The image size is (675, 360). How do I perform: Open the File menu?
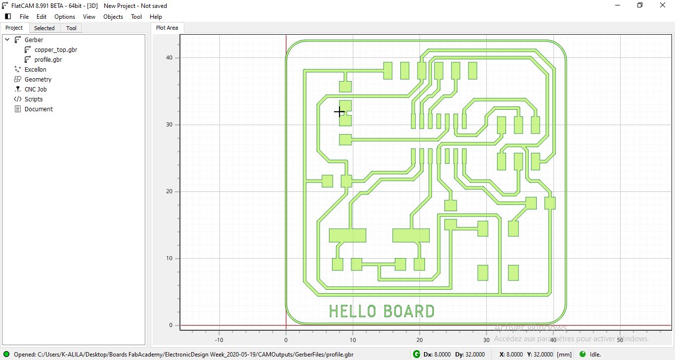click(24, 17)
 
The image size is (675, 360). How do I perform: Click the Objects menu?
click(113, 17)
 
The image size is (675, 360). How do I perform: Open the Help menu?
click(156, 17)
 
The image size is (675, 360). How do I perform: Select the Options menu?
click(65, 17)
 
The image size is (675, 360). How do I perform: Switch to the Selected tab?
click(44, 28)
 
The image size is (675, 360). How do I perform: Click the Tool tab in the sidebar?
click(71, 28)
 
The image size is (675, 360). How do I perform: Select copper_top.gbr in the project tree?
click(55, 50)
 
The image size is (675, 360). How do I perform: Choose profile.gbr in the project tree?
click(48, 60)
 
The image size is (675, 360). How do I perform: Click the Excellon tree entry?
click(35, 70)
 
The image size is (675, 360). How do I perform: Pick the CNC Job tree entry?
click(36, 90)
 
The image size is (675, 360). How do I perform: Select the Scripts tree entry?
click(34, 99)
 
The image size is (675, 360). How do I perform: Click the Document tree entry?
click(39, 109)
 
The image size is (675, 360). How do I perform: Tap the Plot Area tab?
click(167, 28)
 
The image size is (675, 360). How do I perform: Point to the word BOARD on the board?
click(409, 311)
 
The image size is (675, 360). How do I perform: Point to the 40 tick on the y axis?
click(169, 58)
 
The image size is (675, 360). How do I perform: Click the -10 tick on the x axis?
click(219, 340)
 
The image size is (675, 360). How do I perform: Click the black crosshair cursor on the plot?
click(339, 112)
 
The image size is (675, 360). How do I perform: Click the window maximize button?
click(640, 5)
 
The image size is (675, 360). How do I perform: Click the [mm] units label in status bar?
click(564, 355)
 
